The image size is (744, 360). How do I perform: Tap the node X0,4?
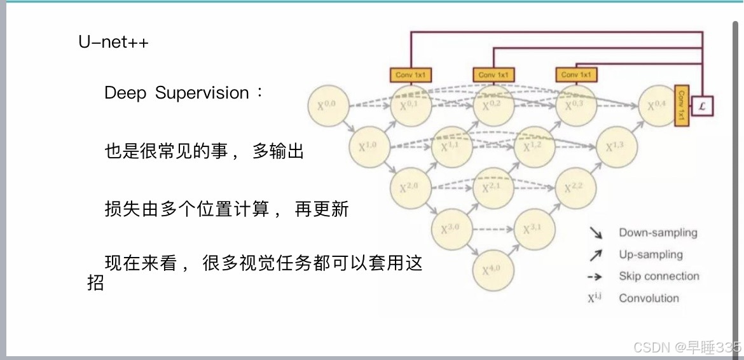pyautogui.click(x=658, y=106)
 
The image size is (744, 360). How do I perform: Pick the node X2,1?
pyautogui.click(x=492, y=188)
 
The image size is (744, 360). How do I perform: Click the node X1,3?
pyautogui.click(x=616, y=147)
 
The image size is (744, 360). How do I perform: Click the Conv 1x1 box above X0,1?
pyautogui.click(x=411, y=75)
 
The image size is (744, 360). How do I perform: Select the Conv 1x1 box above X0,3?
pyautogui.click(x=576, y=75)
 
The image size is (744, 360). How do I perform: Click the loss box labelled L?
pyautogui.click(x=703, y=106)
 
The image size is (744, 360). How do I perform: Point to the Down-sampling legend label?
pyautogui.click(x=658, y=233)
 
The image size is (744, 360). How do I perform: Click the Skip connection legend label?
pyautogui.click(x=659, y=276)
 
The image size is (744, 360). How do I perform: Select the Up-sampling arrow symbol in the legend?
pyautogui.click(x=596, y=255)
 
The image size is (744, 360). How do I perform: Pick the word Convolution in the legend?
pyautogui.click(x=649, y=298)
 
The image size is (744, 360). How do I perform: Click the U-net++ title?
pyautogui.click(x=114, y=44)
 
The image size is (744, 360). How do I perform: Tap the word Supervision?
pyautogui.click(x=202, y=93)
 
